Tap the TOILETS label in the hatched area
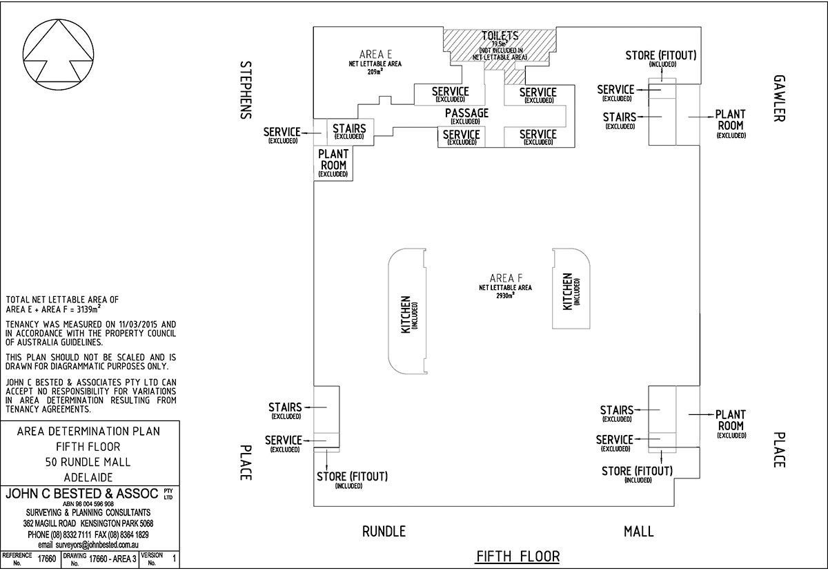[x=500, y=37]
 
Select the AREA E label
[x=375, y=55]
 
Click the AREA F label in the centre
[x=506, y=278]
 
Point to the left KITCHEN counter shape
[x=407, y=313]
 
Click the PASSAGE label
[x=466, y=113]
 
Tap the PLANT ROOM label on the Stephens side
[x=333, y=159]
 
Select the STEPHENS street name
[x=246, y=90]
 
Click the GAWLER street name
[x=779, y=98]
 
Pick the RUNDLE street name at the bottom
[x=384, y=531]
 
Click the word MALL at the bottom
[x=638, y=531]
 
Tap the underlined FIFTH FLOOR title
[x=517, y=556]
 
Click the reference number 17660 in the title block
[x=46, y=559]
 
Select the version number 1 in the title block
[x=173, y=559]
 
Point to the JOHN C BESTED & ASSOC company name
[x=83, y=494]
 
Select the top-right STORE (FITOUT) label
[x=660, y=55]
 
